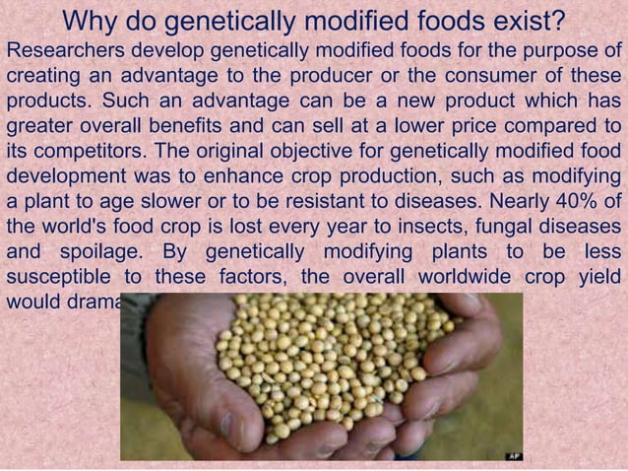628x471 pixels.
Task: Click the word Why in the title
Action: pos(92,21)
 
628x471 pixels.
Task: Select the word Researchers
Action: pos(65,52)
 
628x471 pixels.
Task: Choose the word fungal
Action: pos(501,227)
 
